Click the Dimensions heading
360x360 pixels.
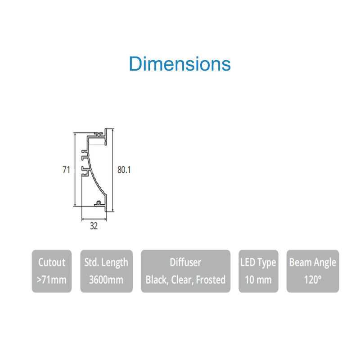point(180,64)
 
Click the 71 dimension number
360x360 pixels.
point(66,170)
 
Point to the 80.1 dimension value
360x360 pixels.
point(124,170)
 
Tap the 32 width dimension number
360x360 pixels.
point(94,226)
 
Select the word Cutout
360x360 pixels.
point(52,262)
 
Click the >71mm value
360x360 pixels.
point(51,279)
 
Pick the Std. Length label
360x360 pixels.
point(106,263)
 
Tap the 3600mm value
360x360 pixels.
point(106,279)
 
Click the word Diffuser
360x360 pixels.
point(185,262)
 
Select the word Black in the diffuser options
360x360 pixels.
point(157,280)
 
